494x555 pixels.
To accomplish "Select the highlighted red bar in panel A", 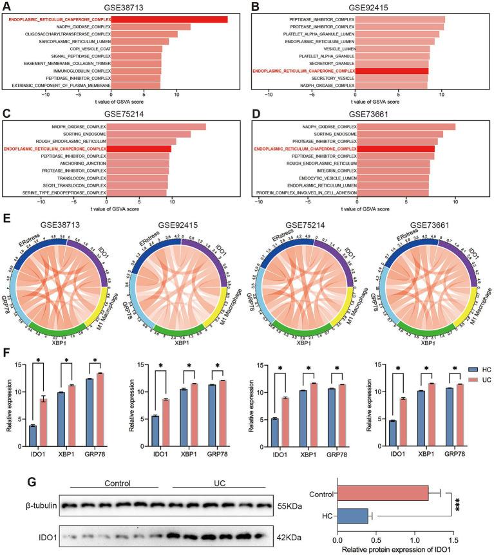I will pyautogui.click(x=169, y=19).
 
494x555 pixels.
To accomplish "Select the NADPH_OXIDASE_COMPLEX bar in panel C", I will pyautogui.click(x=156, y=127).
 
